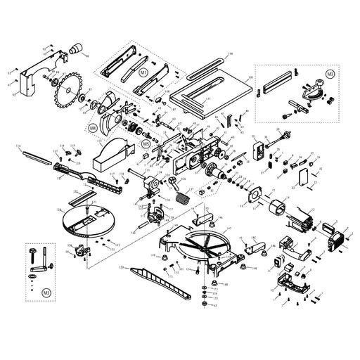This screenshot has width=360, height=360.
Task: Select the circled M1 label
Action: tap(143, 72)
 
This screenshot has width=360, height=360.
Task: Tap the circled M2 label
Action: tap(46, 290)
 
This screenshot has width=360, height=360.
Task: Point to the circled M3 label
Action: tap(330, 73)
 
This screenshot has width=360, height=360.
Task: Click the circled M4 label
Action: tap(93, 128)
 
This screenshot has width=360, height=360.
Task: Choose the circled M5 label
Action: tap(146, 143)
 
